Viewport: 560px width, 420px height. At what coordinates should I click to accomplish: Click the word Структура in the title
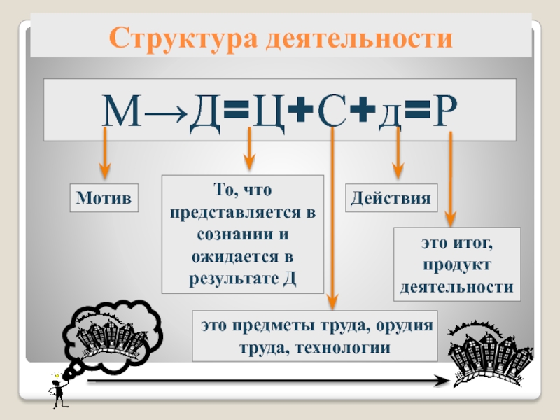pyautogui.click(x=183, y=38)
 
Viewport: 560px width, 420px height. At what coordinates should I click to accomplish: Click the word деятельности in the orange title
pyautogui.click(x=359, y=38)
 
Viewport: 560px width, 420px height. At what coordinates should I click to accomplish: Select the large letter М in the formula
pyautogui.click(x=122, y=111)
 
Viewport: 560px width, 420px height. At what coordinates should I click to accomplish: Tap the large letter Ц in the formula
pyautogui.click(x=269, y=113)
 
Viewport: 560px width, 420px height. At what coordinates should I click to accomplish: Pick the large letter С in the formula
pyautogui.click(x=332, y=111)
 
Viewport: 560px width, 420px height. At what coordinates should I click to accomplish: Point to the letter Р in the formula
pyautogui.click(x=444, y=111)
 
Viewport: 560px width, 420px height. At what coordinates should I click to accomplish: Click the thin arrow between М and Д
pyautogui.click(x=166, y=113)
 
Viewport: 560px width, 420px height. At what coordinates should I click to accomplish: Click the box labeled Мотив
pyautogui.click(x=104, y=198)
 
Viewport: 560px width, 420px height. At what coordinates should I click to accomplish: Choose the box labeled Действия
pyautogui.click(x=391, y=198)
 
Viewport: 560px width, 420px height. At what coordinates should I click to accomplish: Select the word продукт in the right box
pyautogui.click(x=457, y=265)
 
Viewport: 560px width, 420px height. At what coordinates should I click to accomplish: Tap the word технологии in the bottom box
pyautogui.click(x=343, y=347)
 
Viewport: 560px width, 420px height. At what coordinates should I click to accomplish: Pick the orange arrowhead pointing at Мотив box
pyautogui.click(x=104, y=170)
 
